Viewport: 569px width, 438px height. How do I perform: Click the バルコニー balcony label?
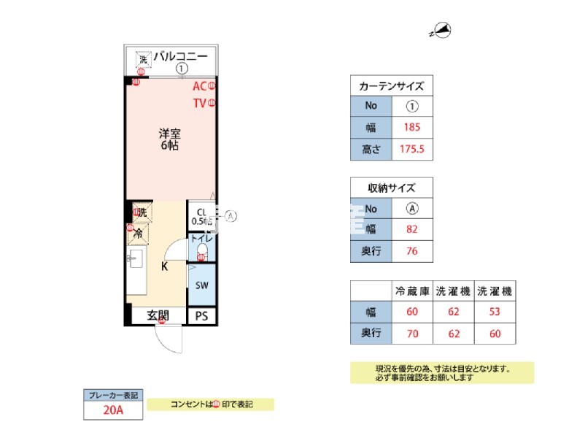(x=180, y=56)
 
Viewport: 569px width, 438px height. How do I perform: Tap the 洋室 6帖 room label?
(x=170, y=139)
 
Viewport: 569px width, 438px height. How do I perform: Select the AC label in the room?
(x=199, y=86)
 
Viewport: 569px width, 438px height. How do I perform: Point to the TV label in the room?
(x=199, y=103)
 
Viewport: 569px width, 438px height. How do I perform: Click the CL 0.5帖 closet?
(x=201, y=217)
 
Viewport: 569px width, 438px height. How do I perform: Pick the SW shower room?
(x=201, y=285)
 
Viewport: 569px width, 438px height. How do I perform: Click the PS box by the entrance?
(x=201, y=316)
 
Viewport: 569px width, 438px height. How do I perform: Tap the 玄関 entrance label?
(x=158, y=316)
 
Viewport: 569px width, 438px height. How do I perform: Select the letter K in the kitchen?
(x=165, y=266)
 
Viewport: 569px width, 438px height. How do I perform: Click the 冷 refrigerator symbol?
(x=138, y=234)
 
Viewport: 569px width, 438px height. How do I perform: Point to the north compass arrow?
(x=443, y=31)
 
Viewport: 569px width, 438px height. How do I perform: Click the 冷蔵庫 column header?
(x=412, y=291)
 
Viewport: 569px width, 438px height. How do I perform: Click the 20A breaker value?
(x=112, y=410)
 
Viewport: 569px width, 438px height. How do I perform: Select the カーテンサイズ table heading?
(x=392, y=86)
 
